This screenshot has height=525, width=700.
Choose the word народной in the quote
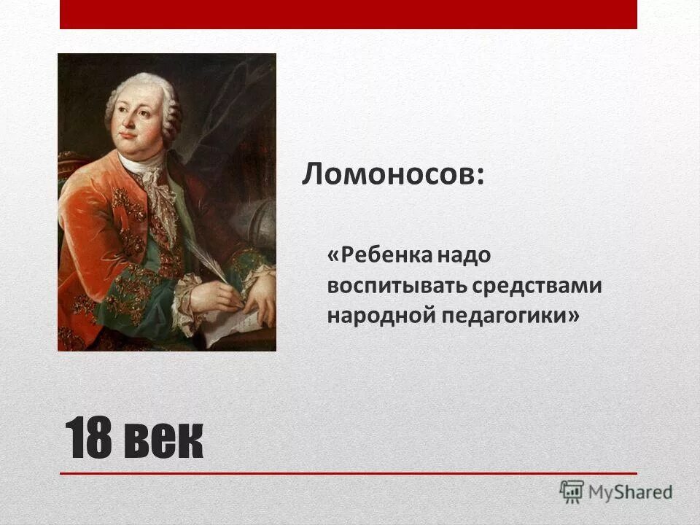tap(373, 315)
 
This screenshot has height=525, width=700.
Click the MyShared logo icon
tap(572, 491)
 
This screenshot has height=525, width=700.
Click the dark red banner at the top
tap(348, 14)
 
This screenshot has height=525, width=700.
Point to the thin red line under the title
tap(348, 474)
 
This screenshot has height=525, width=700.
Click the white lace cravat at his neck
tap(157, 190)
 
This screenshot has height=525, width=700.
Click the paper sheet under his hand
tap(233, 321)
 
